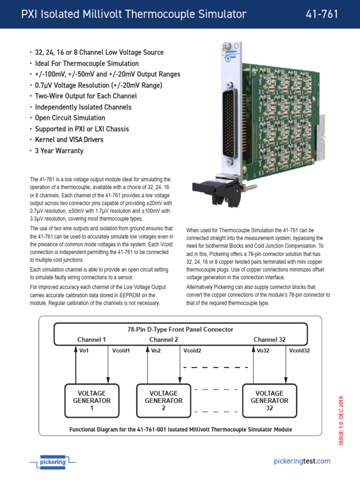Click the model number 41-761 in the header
(x=322, y=15)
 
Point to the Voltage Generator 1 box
(x=92, y=401)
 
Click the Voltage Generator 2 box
(x=164, y=401)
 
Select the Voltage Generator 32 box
(x=270, y=401)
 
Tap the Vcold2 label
(x=192, y=350)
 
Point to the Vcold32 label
(x=299, y=350)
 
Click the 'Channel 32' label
(x=270, y=339)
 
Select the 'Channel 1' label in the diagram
(x=91, y=339)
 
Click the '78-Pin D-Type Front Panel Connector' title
(x=180, y=330)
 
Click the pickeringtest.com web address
(x=302, y=461)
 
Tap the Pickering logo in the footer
(x=52, y=462)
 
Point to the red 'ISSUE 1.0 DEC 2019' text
(x=341, y=420)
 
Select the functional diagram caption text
(x=180, y=429)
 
